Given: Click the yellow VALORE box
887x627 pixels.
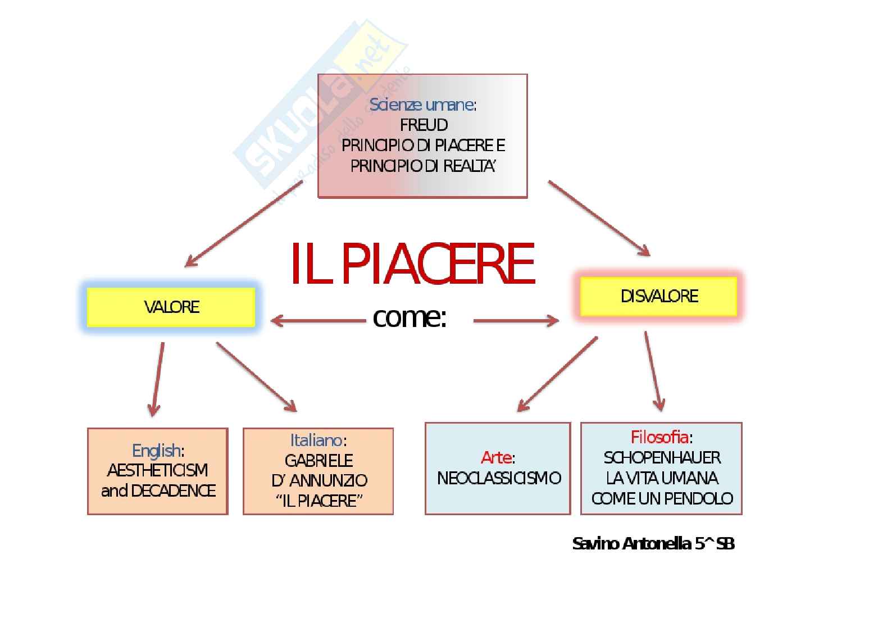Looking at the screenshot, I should pos(171,307).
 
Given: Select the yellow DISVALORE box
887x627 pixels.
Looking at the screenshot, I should pos(658,296).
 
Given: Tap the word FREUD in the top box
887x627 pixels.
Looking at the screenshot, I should pos(424,125).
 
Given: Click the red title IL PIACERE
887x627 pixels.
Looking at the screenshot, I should pos(412,264).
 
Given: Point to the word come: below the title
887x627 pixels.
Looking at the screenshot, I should pos(410,318).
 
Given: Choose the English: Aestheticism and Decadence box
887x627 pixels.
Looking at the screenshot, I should pos(158,471).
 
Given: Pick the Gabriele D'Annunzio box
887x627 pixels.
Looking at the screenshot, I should pos(318,471).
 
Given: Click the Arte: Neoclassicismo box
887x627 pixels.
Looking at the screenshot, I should pos(498,469).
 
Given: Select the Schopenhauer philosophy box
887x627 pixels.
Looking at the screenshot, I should pos(661,469).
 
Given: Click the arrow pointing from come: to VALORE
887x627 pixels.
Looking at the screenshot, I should pos(318,321).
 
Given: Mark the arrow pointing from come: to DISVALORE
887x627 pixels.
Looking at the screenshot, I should pos(516,321).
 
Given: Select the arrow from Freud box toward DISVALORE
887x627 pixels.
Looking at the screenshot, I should pos(599,218).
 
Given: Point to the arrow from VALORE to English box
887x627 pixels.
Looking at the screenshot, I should pos(157,379).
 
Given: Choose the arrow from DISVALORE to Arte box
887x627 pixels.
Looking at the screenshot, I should pos(557,374).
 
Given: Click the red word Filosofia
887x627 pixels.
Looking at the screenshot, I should pos(659,437).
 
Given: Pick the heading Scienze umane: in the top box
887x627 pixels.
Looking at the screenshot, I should pos(422,105).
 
